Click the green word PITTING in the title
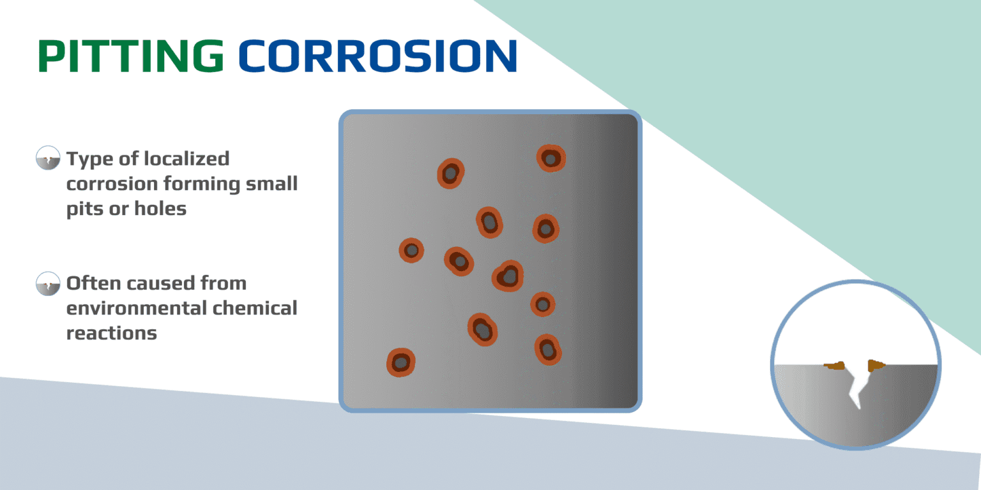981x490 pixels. coord(131,56)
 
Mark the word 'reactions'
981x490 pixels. coord(111,333)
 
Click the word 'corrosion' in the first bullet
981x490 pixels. coord(112,184)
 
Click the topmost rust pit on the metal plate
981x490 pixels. coord(551,158)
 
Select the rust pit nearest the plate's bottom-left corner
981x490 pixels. coord(400,362)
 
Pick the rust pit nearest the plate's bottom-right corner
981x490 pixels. coord(547,350)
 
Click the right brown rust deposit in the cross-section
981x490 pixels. coord(876,366)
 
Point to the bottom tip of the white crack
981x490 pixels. coord(858,406)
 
